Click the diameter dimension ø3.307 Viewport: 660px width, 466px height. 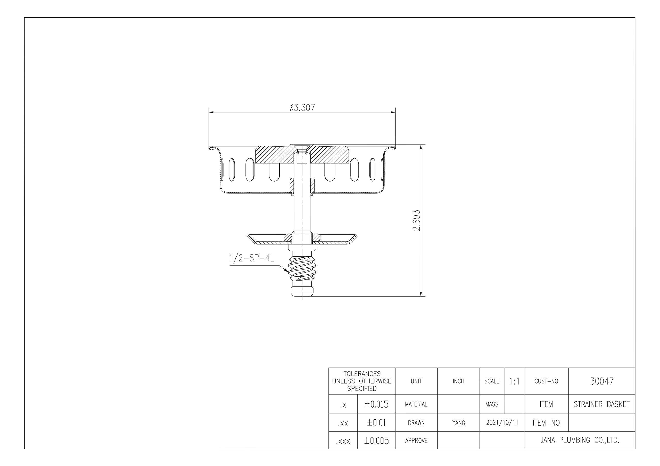[x=302, y=108]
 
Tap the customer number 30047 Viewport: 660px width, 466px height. [x=602, y=381]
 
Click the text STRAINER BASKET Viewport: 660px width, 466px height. [x=602, y=404]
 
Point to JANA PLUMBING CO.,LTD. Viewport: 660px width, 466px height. [x=580, y=440]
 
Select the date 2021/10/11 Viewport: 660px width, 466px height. [x=502, y=423]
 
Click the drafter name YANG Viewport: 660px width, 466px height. [x=458, y=423]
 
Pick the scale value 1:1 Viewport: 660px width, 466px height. [x=514, y=381]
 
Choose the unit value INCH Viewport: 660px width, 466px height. [x=458, y=381]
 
